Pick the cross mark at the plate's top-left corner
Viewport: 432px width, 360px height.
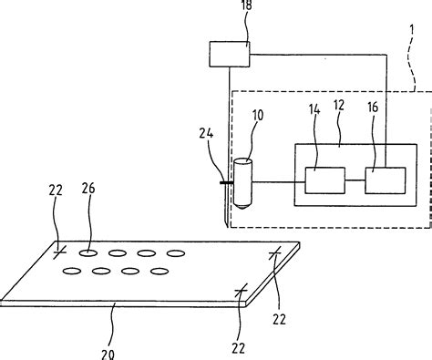[58, 250]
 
